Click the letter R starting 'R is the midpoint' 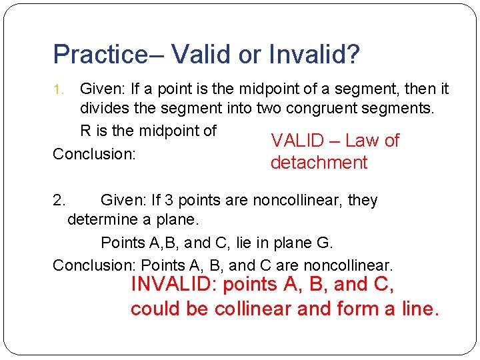coord(85,131)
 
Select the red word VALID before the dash coord(297,141)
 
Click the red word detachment coord(319,163)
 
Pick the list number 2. coord(59,201)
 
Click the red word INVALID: coord(174,285)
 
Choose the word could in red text coord(151,309)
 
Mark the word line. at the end coord(418,309)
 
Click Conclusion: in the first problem coord(94,154)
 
